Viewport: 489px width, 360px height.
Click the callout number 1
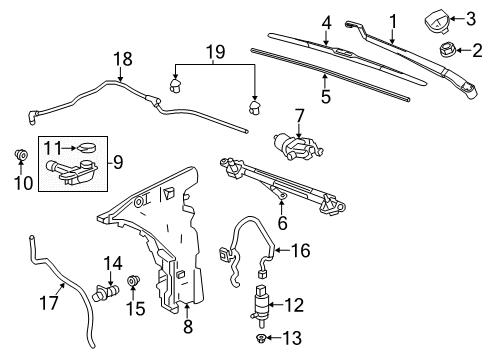[393, 20]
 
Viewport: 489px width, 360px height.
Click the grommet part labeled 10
[20, 155]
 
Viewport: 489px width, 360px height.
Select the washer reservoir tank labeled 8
[165, 250]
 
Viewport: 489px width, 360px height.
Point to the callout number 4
[326, 20]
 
